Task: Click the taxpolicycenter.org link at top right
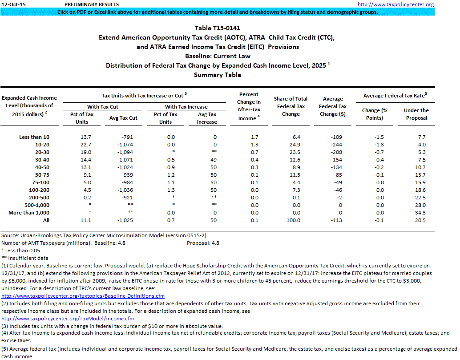tap(395, 4)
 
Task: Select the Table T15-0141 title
tap(218, 28)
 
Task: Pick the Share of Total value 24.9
tap(291, 145)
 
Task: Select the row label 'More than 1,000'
tap(29, 213)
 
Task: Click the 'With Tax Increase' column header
tap(186, 107)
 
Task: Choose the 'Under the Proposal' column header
tap(416, 114)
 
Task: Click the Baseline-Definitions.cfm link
tap(83, 295)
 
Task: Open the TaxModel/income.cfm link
tap(68, 319)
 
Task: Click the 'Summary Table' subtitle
tap(218, 75)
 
